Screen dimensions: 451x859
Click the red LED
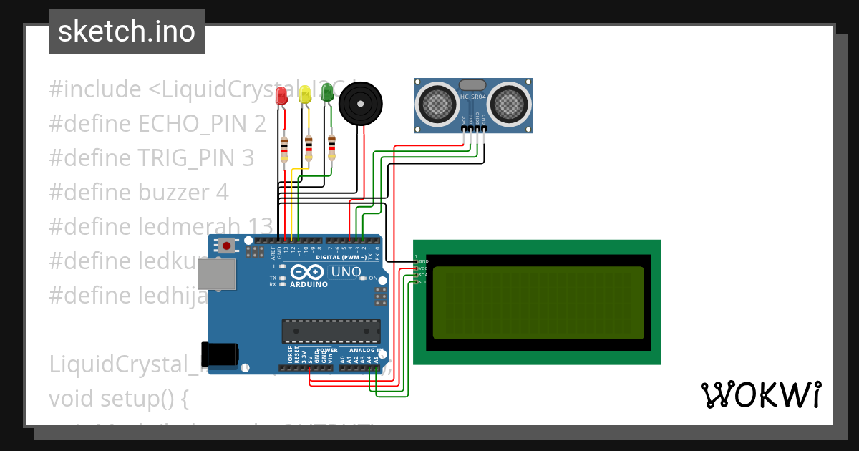point(282,97)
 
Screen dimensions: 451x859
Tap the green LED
point(327,92)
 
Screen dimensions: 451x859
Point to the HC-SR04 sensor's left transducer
point(439,103)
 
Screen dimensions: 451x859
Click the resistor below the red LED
point(285,150)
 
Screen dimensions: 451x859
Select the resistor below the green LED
point(331,146)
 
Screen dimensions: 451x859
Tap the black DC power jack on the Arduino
point(220,355)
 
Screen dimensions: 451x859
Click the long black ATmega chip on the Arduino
point(331,331)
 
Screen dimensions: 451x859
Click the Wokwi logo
point(760,394)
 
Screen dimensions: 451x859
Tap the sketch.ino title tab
point(127,31)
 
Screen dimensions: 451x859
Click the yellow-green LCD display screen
point(538,303)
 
